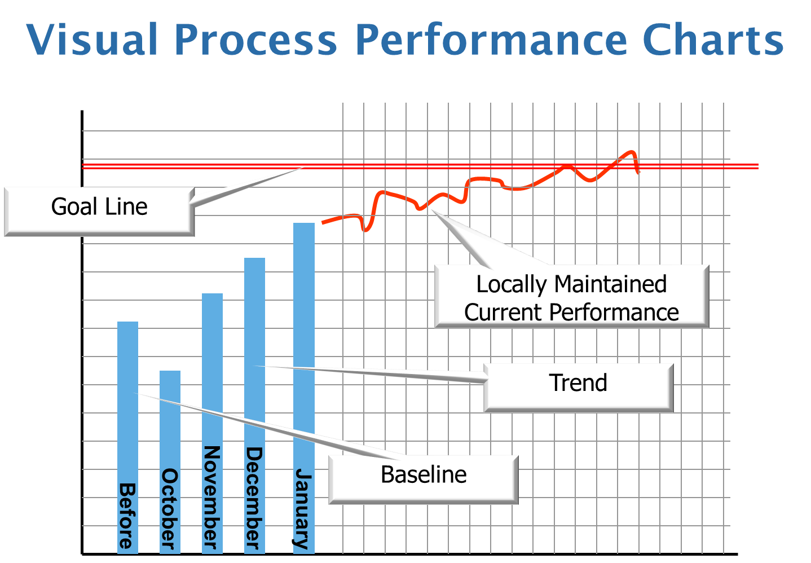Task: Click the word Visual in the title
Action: pyautogui.click(x=92, y=39)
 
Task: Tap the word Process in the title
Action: pyautogui.click(x=256, y=39)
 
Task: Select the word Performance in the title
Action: pyautogui.click(x=491, y=39)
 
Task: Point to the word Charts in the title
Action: pyautogui.click(x=713, y=39)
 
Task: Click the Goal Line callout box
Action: pyautogui.click(x=100, y=212)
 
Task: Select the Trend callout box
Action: pyautogui.click(x=579, y=388)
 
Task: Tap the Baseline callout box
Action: pyautogui.click(x=424, y=480)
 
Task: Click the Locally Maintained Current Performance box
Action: pyautogui.click(x=572, y=296)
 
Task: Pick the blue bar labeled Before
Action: pyautogui.click(x=128, y=438)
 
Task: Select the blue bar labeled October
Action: pyautogui.click(x=170, y=462)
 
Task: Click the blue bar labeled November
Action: pyautogui.click(x=212, y=424)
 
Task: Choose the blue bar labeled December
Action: pyautogui.click(x=254, y=406)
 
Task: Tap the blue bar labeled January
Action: pyautogui.click(x=304, y=388)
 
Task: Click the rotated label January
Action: pyautogui.click(x=302, y=509)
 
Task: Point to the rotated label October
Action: pyautogui.click(x=169, y=509)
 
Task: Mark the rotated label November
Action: pyautogui.click(x=212, y=498)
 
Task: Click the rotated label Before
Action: pyautogui.click(x=127, y=516)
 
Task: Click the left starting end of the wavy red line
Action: pyautogui.click(x=323, y=223)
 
